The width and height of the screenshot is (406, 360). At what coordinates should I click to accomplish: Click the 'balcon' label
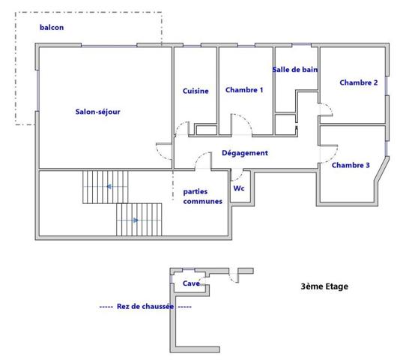(52, 28)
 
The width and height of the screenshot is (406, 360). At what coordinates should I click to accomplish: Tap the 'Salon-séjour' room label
(97, 112)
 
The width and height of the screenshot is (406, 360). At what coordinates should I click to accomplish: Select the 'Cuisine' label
(196, 91)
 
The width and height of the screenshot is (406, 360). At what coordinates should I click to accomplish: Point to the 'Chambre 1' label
(244, 90)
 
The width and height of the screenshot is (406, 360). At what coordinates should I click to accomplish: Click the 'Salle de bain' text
(295, 69)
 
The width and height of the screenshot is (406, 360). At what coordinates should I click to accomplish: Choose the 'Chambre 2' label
(358, 82)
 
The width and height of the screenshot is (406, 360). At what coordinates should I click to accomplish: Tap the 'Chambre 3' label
(351, 165)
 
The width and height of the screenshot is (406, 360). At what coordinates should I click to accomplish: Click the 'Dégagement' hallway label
(244, 153)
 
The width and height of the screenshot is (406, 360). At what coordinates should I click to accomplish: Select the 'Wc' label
(239, 188)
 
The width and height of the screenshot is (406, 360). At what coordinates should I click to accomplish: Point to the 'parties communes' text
(202, 196)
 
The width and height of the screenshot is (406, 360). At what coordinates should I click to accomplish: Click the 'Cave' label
(190, 283)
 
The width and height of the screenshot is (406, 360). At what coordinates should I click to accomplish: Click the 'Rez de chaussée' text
(145, 306)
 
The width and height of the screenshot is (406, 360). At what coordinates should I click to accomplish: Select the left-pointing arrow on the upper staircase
(110, 186)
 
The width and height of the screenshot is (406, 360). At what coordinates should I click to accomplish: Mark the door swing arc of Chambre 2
(325, 110)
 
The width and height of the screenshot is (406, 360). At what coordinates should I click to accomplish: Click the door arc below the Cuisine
(182, 129)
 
